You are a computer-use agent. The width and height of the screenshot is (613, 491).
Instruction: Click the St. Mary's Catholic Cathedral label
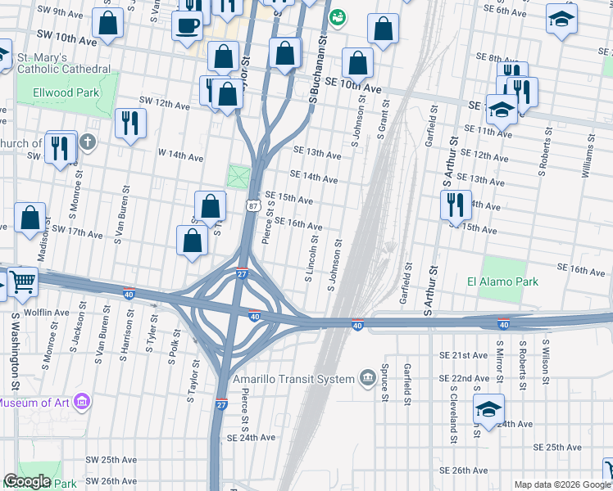click(x=58, y=64)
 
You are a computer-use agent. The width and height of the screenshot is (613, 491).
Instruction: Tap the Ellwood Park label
click(x=66, y=93)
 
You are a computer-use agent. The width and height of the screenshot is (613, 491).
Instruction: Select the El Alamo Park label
click(x=502, y=282)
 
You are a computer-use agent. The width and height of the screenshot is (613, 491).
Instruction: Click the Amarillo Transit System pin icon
click(x=369, y=377)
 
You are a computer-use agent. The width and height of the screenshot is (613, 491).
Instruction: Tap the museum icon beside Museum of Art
click(x=81, y=402)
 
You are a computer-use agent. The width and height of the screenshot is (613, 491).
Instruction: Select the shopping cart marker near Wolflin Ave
click(x=22, y=282)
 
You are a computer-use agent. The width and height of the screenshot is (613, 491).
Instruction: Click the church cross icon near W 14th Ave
click(x=88, y=143)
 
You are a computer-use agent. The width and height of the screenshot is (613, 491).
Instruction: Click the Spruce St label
click(x=384, y=389)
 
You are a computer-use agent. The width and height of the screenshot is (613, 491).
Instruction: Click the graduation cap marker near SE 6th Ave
click(x=561, y=20)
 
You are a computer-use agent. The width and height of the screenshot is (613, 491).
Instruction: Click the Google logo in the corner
click(x=27, y=481)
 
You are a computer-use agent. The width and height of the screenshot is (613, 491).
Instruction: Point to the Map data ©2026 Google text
click(x=562, y=484)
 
